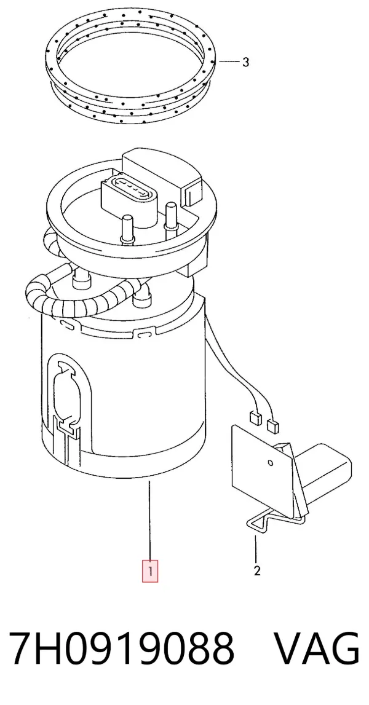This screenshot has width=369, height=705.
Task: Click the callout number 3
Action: pos(245,62)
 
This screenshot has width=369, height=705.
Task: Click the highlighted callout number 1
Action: pos(150,572)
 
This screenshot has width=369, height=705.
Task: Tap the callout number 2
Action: pos(257,571)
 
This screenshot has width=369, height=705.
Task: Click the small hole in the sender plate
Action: pos(270,463)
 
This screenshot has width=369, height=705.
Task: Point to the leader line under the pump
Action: pos(150,520)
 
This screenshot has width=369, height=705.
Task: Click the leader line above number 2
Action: pos(256,549)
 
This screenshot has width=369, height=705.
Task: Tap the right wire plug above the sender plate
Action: pos(272,425)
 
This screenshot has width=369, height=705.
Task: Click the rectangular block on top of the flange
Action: pos(164,173)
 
